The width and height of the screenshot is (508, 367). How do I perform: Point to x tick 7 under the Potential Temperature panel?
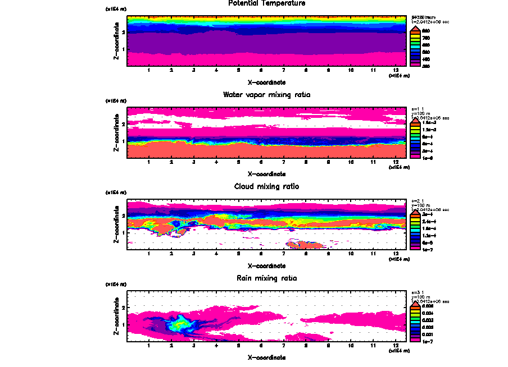(x=283, y=71)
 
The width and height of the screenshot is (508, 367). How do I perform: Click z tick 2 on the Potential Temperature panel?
(x=123, y=33)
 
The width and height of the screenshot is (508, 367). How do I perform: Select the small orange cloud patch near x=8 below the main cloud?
(x=303, y=244)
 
